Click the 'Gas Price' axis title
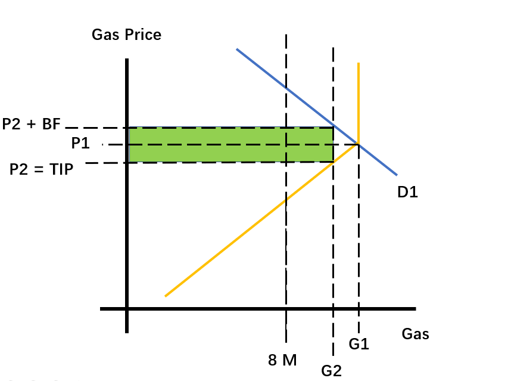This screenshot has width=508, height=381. [x=126, y=35]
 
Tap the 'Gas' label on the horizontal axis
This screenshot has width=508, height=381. [x=415, y=334]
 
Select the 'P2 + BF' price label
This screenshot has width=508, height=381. [x=32, y=124]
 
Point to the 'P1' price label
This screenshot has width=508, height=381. [x=80, y=143]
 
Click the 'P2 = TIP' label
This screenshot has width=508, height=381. [x=42, y=169]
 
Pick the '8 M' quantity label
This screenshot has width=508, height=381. [x=282, y=360]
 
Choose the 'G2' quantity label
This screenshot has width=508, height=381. [x=332, y=371]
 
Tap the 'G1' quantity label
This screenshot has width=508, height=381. [x=359, y=343]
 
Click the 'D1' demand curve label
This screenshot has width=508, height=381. [x=407, y=192]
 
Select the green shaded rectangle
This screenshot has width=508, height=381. [x=231, y=145]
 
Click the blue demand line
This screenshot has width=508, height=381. [x=317, y=112]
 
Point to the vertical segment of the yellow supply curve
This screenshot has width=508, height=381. [x=359, y=103]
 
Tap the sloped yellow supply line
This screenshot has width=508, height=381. [x=262, y=219]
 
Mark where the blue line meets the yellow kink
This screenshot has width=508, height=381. [x=359, y=143]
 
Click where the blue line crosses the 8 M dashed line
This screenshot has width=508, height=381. [x=286, y=88]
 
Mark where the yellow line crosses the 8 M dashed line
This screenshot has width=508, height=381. [x=286, y=201]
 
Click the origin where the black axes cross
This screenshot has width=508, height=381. [x=127, y=309]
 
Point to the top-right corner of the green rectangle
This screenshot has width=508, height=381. [x=334, y=127]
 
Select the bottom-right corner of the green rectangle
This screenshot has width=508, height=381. [x=334, y=162]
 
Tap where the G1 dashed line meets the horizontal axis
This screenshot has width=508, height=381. [x=359, y=309]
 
